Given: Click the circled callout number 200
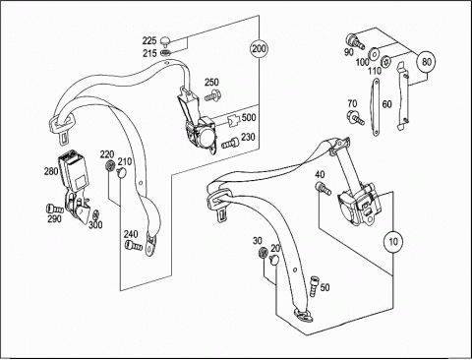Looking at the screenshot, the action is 260,49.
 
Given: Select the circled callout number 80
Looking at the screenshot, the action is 427,62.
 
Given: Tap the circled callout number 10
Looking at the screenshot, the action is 393,242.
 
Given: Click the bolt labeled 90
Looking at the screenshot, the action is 355,41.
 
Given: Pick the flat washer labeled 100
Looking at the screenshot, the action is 373,54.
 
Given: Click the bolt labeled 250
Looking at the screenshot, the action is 212,95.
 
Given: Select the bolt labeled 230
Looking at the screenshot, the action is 231,143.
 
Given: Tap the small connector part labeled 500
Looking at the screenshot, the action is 234,121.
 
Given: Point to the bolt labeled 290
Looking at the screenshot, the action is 55,209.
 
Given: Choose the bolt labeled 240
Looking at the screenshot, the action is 134,245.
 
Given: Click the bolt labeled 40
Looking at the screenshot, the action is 324,188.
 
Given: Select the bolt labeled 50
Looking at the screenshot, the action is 314,285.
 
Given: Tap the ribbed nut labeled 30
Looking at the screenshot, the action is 263,252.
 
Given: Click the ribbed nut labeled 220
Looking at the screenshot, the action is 110,166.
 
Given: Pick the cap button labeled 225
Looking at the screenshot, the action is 165,41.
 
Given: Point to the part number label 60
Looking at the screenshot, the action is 387,104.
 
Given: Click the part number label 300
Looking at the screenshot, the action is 95,224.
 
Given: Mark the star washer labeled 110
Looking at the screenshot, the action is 385,61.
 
